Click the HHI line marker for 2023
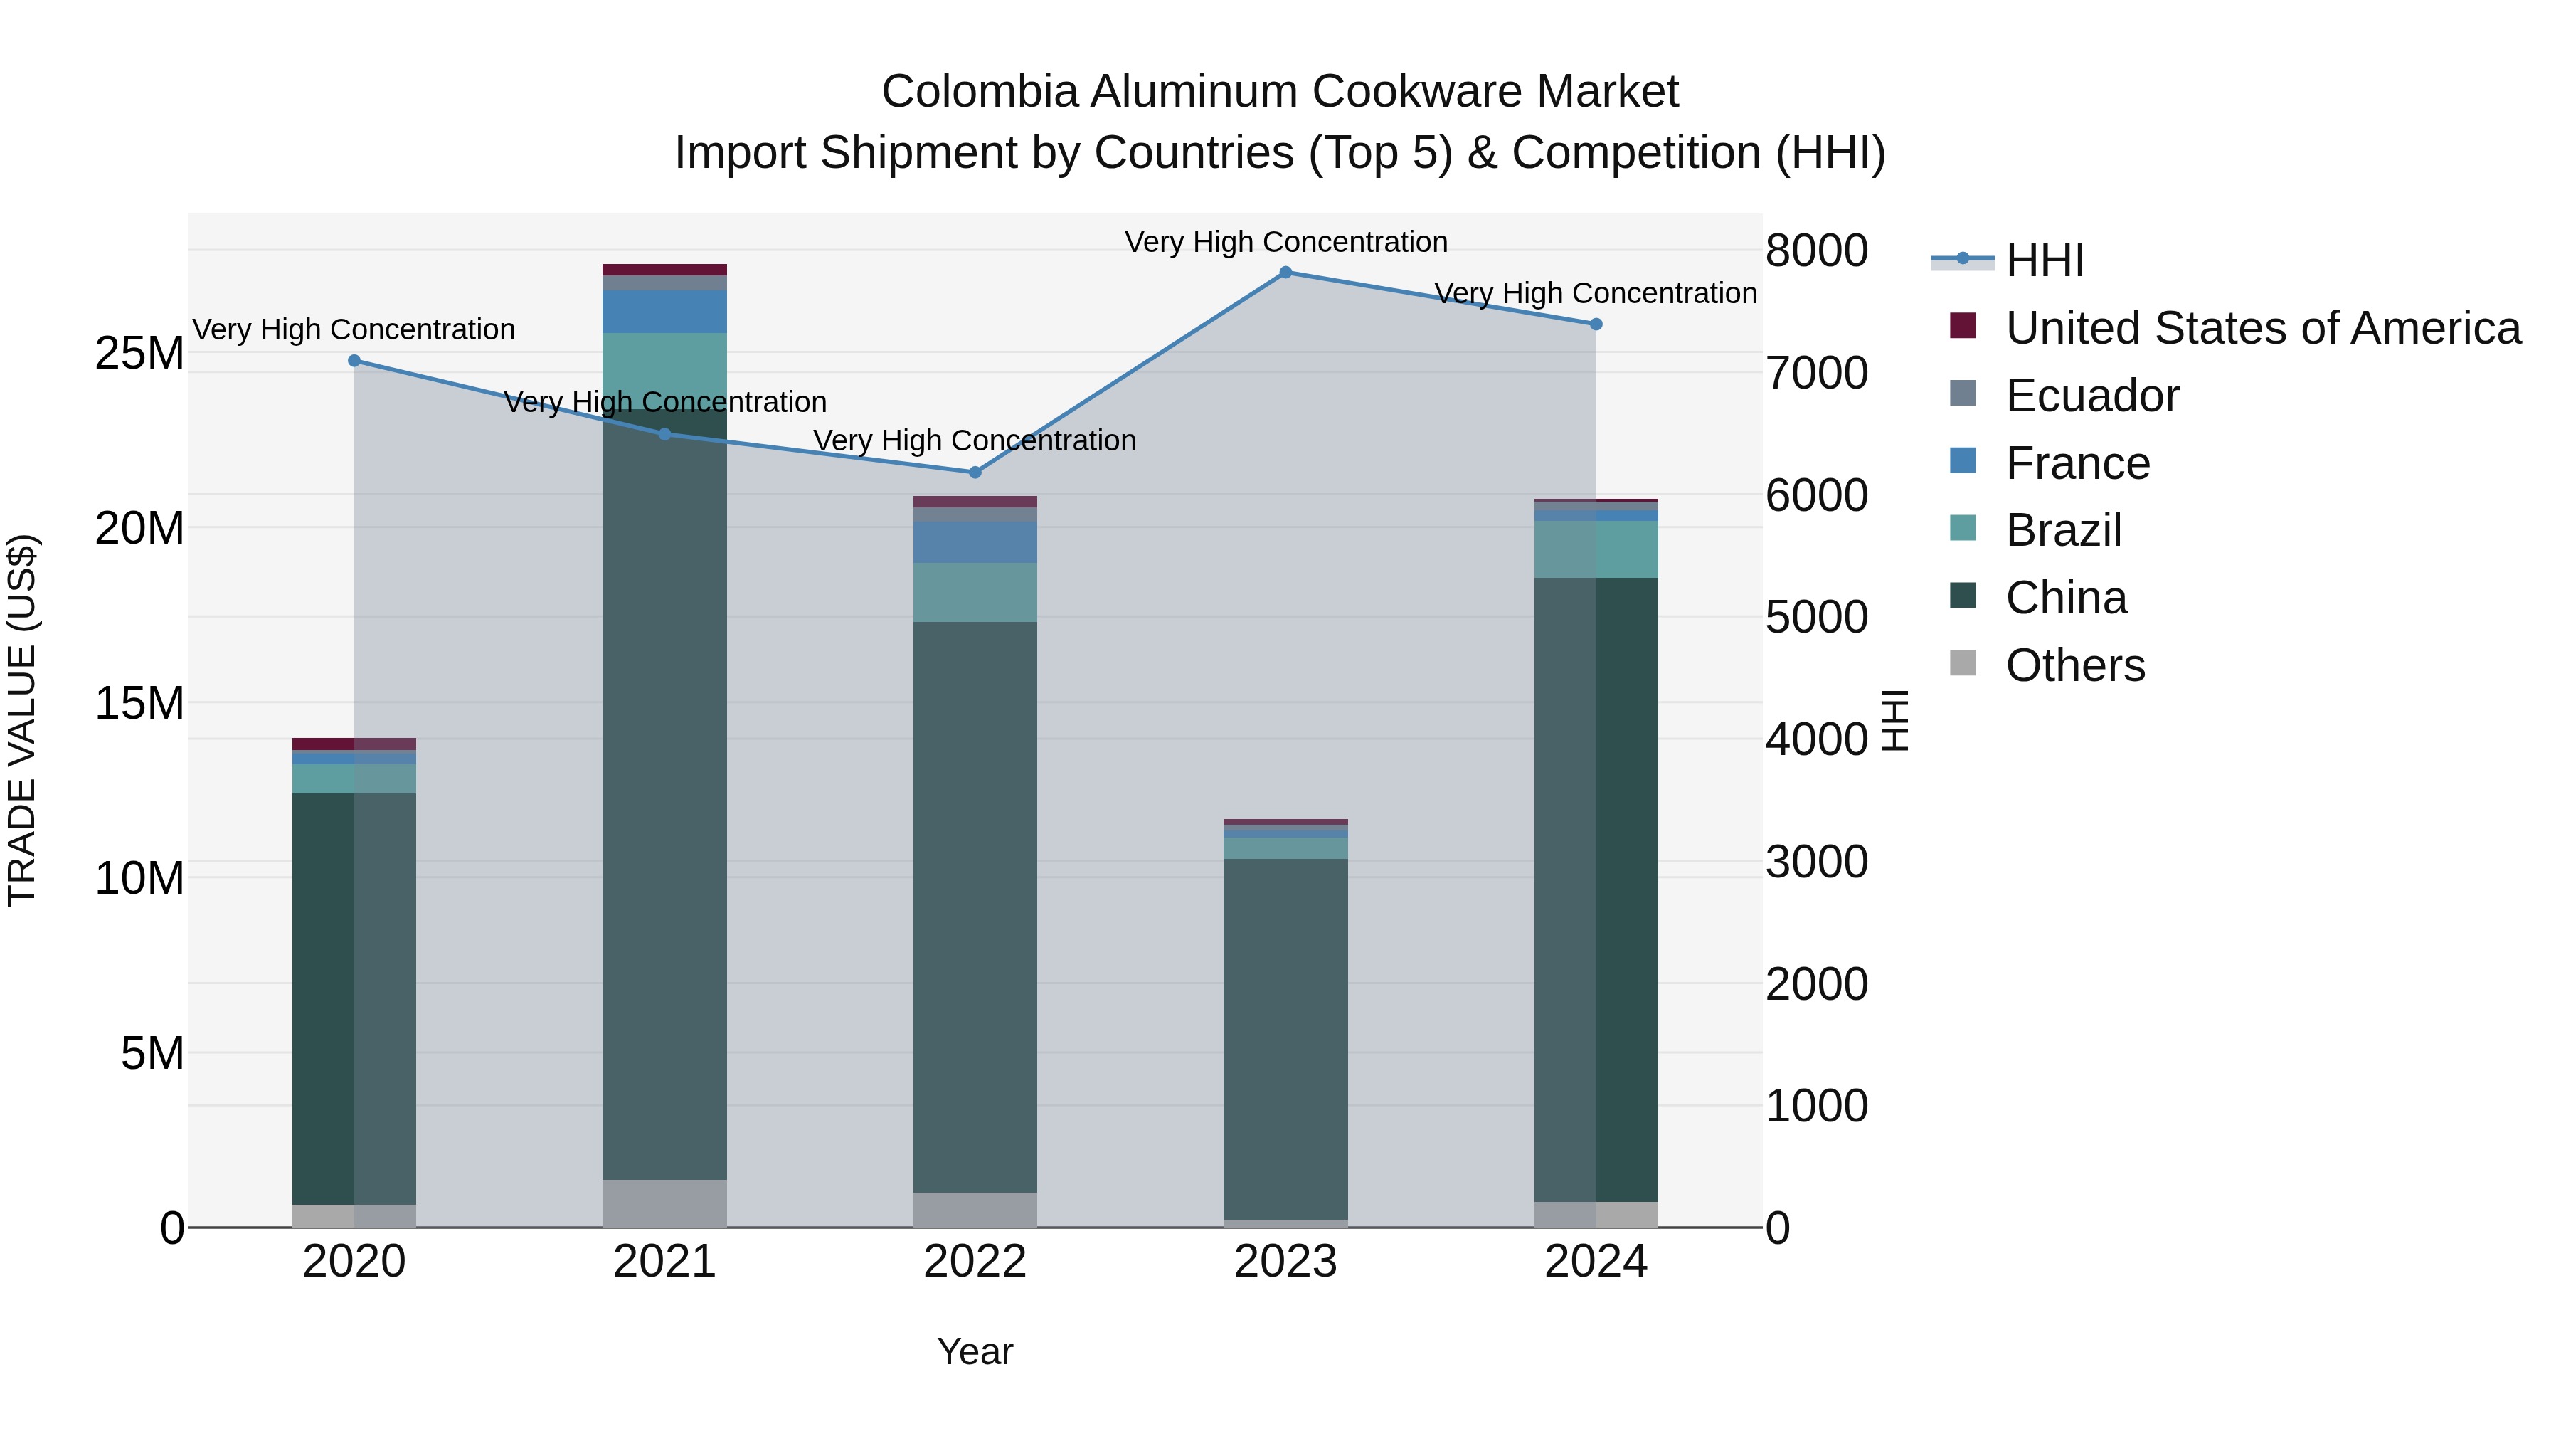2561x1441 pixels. [x=1285, y=273]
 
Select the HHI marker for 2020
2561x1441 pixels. [x=354, y=361]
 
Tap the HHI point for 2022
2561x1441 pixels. [x=975, y=473]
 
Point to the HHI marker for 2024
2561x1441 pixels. [x=1596, y=324]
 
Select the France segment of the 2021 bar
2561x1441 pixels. [x=665, y=311]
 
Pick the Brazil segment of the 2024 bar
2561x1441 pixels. [x=1596, y=549]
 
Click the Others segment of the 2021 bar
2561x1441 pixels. [x=665, y=1203]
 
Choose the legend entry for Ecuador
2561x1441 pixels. [x=2091, y=396]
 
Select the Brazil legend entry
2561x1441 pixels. [x=2063, y=530]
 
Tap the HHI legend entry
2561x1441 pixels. [x=2044, y=260]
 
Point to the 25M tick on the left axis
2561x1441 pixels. [x=139, y=353]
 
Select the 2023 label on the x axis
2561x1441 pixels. [x=1285, y=1262]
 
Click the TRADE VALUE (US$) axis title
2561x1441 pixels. [x=22, y=720]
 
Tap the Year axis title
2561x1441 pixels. [x=975, y=1351]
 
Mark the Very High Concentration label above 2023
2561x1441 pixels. [x=1285, y=242]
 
